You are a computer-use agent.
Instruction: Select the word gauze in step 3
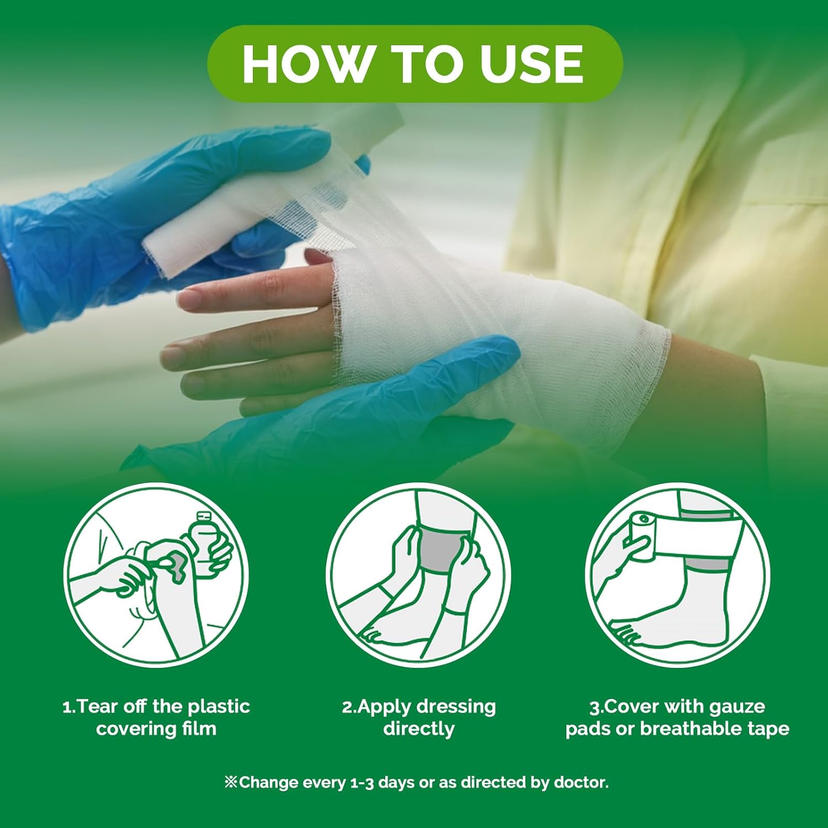tap(733, 707)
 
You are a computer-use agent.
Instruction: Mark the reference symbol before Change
tap(231, 782)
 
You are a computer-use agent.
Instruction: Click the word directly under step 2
tap(419, 729)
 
